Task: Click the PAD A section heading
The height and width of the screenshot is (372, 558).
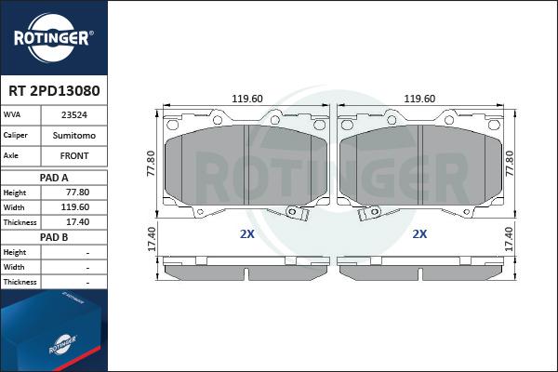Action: (x=54, y=177)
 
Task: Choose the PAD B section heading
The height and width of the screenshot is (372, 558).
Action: (x=54, y=237)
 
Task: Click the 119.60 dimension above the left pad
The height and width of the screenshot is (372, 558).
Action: (x=246, y=99)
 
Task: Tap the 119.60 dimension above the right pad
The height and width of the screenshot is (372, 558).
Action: (x=420, y=99)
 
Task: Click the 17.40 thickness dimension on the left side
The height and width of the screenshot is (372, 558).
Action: (x=152, y=240)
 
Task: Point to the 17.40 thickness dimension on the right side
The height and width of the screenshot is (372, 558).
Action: (x=509, y=240)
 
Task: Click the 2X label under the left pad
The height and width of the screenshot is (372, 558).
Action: (x=246, y=234)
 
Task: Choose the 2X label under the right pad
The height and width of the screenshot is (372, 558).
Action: (x=419, y=234)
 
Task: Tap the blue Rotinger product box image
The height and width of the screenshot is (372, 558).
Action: (x=51, y=335)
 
